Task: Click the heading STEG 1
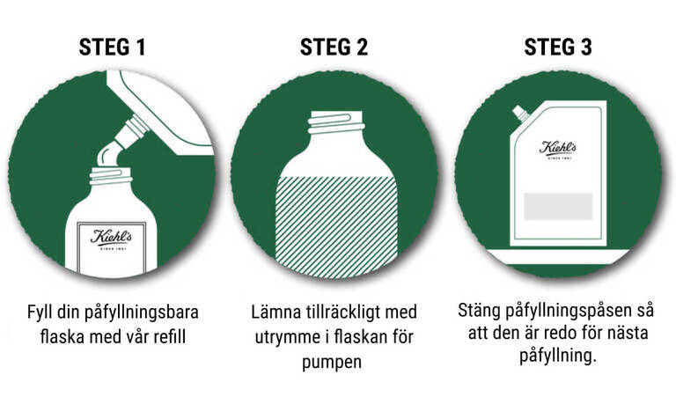point(112,47)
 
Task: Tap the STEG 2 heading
point(334,47)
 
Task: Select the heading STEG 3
point(558,47)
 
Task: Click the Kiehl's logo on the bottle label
point(111,239)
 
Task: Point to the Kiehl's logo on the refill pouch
point(558,149)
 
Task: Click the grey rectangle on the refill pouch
point(558,207)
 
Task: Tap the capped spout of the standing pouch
point(520,114)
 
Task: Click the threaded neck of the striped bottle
point(336,122)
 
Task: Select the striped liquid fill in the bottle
point(336,226)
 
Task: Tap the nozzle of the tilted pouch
point(132,130)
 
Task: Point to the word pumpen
point(332,362)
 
